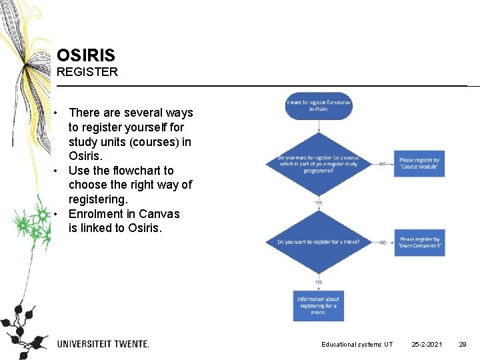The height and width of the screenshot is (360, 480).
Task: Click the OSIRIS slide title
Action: [x=86, y=55]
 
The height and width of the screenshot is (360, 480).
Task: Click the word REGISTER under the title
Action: [x=87, y=72]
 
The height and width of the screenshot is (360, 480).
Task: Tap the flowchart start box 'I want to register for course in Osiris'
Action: [x=318, y=105]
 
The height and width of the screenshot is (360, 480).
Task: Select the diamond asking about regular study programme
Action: [x=318, y=163]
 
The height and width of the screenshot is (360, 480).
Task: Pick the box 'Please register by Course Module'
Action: [x=419, y=163]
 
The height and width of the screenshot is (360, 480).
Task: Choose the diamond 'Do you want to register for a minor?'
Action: [x=318, y=242]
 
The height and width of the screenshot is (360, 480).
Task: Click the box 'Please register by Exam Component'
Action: [x=419, y=242]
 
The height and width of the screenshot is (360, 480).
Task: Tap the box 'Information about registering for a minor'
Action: [x=318, y=306]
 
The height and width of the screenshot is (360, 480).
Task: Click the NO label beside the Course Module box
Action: [x=383, y=163]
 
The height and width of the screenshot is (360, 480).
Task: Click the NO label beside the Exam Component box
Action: [x=383, y=242]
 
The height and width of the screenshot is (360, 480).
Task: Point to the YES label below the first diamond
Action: [x=318, y=203]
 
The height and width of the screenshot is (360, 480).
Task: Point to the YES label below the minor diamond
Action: [x=318, y=281]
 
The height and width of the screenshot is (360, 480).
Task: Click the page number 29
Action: [x=462, y=344]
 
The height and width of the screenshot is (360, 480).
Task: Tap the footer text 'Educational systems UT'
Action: [x=357, y=344]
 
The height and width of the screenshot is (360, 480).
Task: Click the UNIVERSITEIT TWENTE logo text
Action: [x=103, y=344]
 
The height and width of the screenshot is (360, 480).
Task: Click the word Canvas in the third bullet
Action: [x=159, y=214]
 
